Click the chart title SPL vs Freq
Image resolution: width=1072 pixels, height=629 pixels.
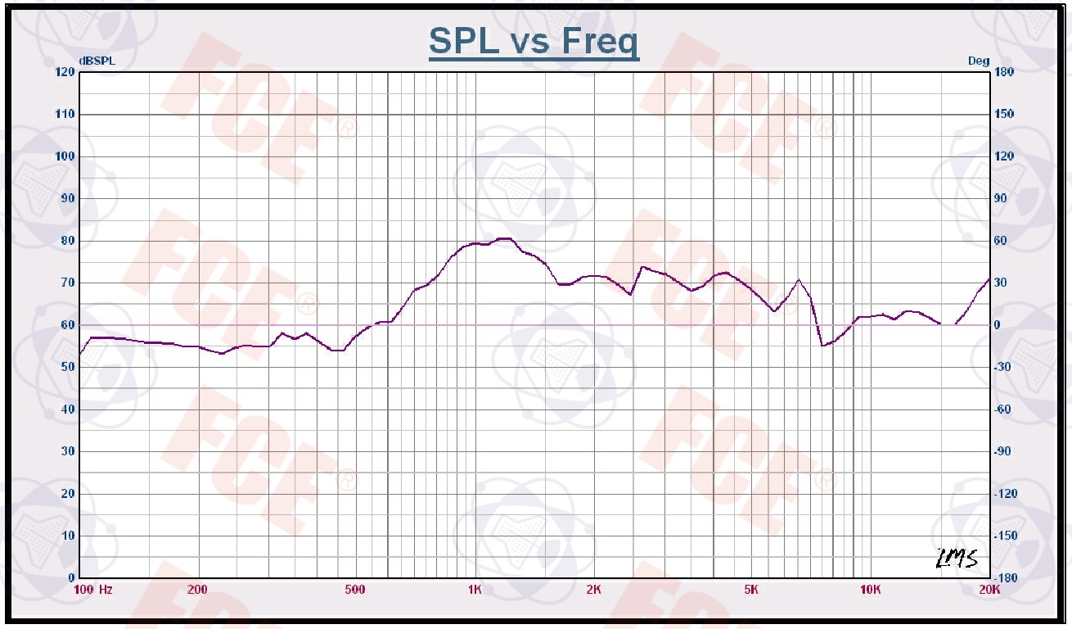coord(534,42)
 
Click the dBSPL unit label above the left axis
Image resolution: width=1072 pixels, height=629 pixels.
coord(97,61)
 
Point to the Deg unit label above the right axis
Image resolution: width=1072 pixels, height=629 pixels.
coord(979,61)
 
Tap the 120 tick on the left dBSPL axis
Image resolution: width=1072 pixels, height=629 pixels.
coord(65,72)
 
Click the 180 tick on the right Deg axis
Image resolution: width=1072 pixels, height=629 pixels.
coord(1004,72)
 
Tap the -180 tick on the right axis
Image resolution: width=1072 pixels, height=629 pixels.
coord(1006,577)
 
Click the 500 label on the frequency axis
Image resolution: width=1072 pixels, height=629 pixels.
coord(354,590)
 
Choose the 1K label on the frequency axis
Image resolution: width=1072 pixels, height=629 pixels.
coord(474,590)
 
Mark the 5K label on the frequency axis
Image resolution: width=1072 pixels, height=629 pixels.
coord(751,590)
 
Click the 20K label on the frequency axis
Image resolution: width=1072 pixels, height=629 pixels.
coord(989,590)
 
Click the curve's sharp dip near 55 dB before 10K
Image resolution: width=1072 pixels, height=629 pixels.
coord(823,346)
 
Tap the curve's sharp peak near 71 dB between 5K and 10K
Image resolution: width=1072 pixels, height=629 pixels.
coord(799,280)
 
